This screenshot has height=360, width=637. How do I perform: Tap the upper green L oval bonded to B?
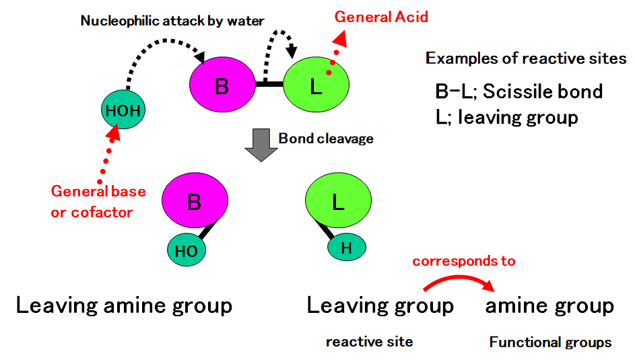point(316,85)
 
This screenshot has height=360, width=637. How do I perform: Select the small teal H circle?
point(346,247)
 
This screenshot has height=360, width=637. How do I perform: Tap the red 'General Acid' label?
point(381,17)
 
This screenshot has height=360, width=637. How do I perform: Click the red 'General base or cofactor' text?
point(97,201)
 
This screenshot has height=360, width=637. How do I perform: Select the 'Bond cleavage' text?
point(326,139)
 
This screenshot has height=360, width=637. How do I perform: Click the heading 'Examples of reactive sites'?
point(525,59)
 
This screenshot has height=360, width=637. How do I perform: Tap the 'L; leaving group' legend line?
point(506,117)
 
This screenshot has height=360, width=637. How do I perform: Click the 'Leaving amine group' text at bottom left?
point(124,305)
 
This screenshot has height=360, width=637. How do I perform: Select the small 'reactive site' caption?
point(369,342)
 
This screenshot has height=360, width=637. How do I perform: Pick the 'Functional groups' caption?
point(550,343)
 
